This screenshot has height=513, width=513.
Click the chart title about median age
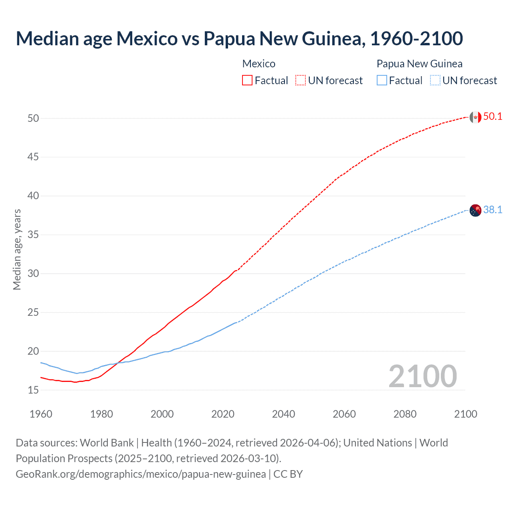click(x=239, y=38)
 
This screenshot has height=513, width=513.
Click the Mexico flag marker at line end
click(x=475, y=117)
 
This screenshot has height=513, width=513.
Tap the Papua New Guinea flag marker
click(x=475, y=210)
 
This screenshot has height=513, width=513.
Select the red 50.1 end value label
click(x=493, y=117)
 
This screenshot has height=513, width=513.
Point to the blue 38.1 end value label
click(x=493, y=210)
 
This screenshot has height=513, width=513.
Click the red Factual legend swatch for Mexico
click(x=247, y=81)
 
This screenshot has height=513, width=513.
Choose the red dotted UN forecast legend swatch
click(x=301, y=81)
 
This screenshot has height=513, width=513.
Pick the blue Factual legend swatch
click(x=382, y=81)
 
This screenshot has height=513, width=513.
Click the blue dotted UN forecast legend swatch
click(x=435, y=81)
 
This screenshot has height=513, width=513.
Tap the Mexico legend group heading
click(x=259, y=64)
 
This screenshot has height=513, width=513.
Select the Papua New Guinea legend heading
click(x=419, y=64)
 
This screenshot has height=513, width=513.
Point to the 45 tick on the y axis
click(x=33, y=157)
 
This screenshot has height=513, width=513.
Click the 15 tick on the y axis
click(x=33, y=390)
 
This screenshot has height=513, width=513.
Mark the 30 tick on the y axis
click(x=33, y=273)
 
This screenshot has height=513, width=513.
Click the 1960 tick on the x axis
click(x=41, y=414)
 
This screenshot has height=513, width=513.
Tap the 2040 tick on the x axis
click(x=283, y=414)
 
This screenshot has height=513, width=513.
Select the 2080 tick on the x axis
click(x=405, y=414)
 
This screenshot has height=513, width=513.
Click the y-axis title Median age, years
click(x=17, y=249)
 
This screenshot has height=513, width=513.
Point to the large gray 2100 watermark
click(x=422, y=376)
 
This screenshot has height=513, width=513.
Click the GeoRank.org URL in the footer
click(x=141, y=474)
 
